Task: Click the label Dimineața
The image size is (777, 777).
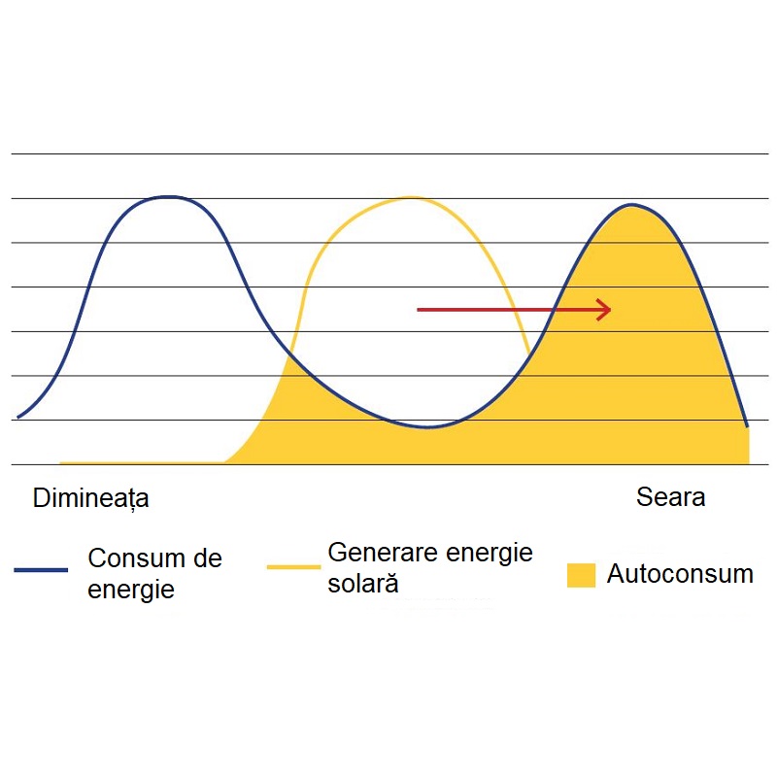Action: pos(91,498)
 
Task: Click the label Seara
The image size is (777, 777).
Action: pos(670,497)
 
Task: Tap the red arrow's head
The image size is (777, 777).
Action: pos(605,310)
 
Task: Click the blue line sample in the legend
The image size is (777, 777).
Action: pos(41,570)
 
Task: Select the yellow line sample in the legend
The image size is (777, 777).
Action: pos(293,565)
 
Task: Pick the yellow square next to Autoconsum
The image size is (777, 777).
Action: pos(581,574)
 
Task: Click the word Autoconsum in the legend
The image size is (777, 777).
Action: pos(680,573)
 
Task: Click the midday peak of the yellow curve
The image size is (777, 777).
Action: pos(411,197)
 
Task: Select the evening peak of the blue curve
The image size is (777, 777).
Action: pos(632,205)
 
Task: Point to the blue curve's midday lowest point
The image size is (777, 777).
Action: pos(429,427)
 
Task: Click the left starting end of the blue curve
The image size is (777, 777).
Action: pos(18,418)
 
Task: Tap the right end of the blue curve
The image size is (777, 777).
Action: pos(747,425)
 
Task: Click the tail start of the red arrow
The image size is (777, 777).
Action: pos(419,310)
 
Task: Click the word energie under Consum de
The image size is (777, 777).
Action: pos(131,589)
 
